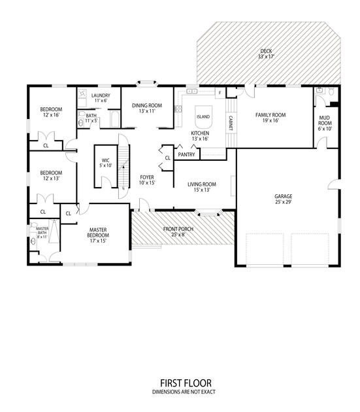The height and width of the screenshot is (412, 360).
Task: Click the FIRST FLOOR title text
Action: (186, 383)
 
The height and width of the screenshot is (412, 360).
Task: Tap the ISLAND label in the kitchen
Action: (203, 116)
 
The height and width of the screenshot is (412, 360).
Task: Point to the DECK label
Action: (267, 51)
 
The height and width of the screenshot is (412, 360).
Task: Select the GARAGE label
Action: (284, 196)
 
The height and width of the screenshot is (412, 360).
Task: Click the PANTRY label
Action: (186, 154)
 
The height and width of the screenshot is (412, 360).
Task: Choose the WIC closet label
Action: (106, 160)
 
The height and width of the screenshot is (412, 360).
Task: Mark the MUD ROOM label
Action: (325, 120)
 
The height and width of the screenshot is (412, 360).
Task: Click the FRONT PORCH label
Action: (178, 229)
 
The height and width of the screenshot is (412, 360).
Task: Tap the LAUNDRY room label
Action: (101, 95)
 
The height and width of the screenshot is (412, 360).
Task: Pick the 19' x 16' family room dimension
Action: (270, 120)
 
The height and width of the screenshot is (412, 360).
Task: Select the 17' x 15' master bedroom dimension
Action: (98, 241)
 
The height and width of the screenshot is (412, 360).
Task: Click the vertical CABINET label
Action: (231, 123)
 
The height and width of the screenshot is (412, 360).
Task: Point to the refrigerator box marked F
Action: (220, 93)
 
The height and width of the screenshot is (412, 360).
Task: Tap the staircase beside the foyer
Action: (124, 166)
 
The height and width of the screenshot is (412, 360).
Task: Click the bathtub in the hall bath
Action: (115, 120)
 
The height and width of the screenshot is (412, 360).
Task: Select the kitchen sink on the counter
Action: (191, 91)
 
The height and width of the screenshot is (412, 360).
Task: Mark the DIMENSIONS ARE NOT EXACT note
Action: (184, 392)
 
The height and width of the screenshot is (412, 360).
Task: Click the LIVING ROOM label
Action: (202, 184)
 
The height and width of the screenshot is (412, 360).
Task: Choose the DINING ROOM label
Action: (147, 106)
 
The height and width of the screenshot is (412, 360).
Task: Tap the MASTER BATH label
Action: (42, 231)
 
